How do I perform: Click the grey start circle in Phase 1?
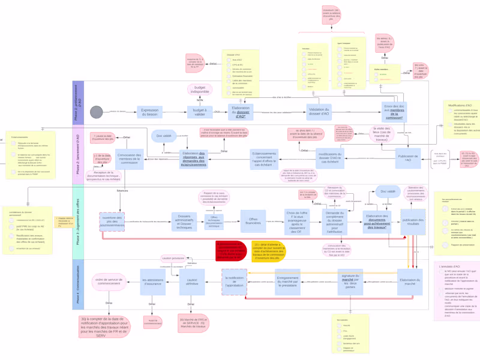tap(96, 112)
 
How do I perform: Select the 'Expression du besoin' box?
tap(149, 112)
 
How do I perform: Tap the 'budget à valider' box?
tap(199, 112)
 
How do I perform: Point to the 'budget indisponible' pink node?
tap(200, 89)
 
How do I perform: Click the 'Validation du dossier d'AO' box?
tap(319, 112)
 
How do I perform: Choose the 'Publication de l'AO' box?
tap(409, 157)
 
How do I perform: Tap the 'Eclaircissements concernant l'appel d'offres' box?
tap(265, 158)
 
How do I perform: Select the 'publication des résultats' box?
tap(413, 221)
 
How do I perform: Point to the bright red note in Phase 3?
tap(230, 251)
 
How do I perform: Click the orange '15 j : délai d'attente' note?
tap(268, 251)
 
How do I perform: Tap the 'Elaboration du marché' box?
tap(410, 281)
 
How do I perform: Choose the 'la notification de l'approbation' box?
tap(234, 281)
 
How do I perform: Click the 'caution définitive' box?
tap(192, 281)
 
